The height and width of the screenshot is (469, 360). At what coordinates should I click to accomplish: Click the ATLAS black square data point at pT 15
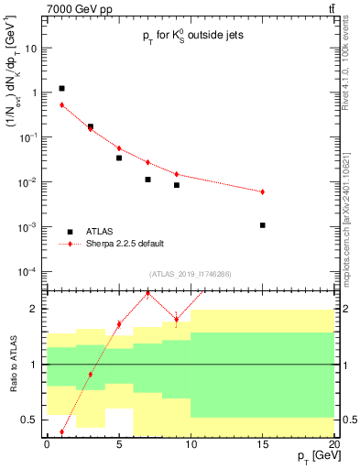(262, 224)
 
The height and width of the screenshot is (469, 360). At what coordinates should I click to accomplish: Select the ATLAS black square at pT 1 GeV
(61, 89)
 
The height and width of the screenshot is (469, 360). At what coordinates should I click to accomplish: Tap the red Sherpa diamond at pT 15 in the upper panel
(262, 191)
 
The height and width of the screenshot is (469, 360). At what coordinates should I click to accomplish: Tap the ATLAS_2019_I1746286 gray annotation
(190, 274)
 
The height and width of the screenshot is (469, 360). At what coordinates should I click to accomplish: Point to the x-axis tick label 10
(191, 443)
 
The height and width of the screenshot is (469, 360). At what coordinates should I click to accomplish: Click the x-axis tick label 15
(262, 443)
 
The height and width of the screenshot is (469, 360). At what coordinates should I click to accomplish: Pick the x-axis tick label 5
(119, 443)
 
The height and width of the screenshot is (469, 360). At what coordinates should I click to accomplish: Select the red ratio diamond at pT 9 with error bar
(176, 320)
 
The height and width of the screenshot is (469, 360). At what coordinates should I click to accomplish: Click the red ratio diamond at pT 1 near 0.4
(61, 431)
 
